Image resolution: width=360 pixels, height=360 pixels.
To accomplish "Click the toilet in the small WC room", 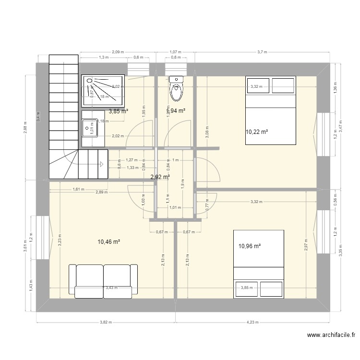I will click(x=177, y=89).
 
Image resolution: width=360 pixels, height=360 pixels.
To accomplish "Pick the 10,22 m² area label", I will click(x=257, y=132).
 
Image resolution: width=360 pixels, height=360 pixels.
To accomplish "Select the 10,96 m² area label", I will click(x=249, y=246).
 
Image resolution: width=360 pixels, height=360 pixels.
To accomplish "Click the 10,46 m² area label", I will click(x=108, y=242).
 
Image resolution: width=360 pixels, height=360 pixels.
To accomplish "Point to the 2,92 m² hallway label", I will click(x=160, y=177).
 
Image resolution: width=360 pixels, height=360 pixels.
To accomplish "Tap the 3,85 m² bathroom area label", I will click(x=118, y=111).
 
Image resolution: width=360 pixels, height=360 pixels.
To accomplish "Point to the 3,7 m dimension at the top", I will click(x=263, y=51).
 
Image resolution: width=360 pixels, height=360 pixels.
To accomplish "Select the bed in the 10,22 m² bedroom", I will click(x=271, y=110).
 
